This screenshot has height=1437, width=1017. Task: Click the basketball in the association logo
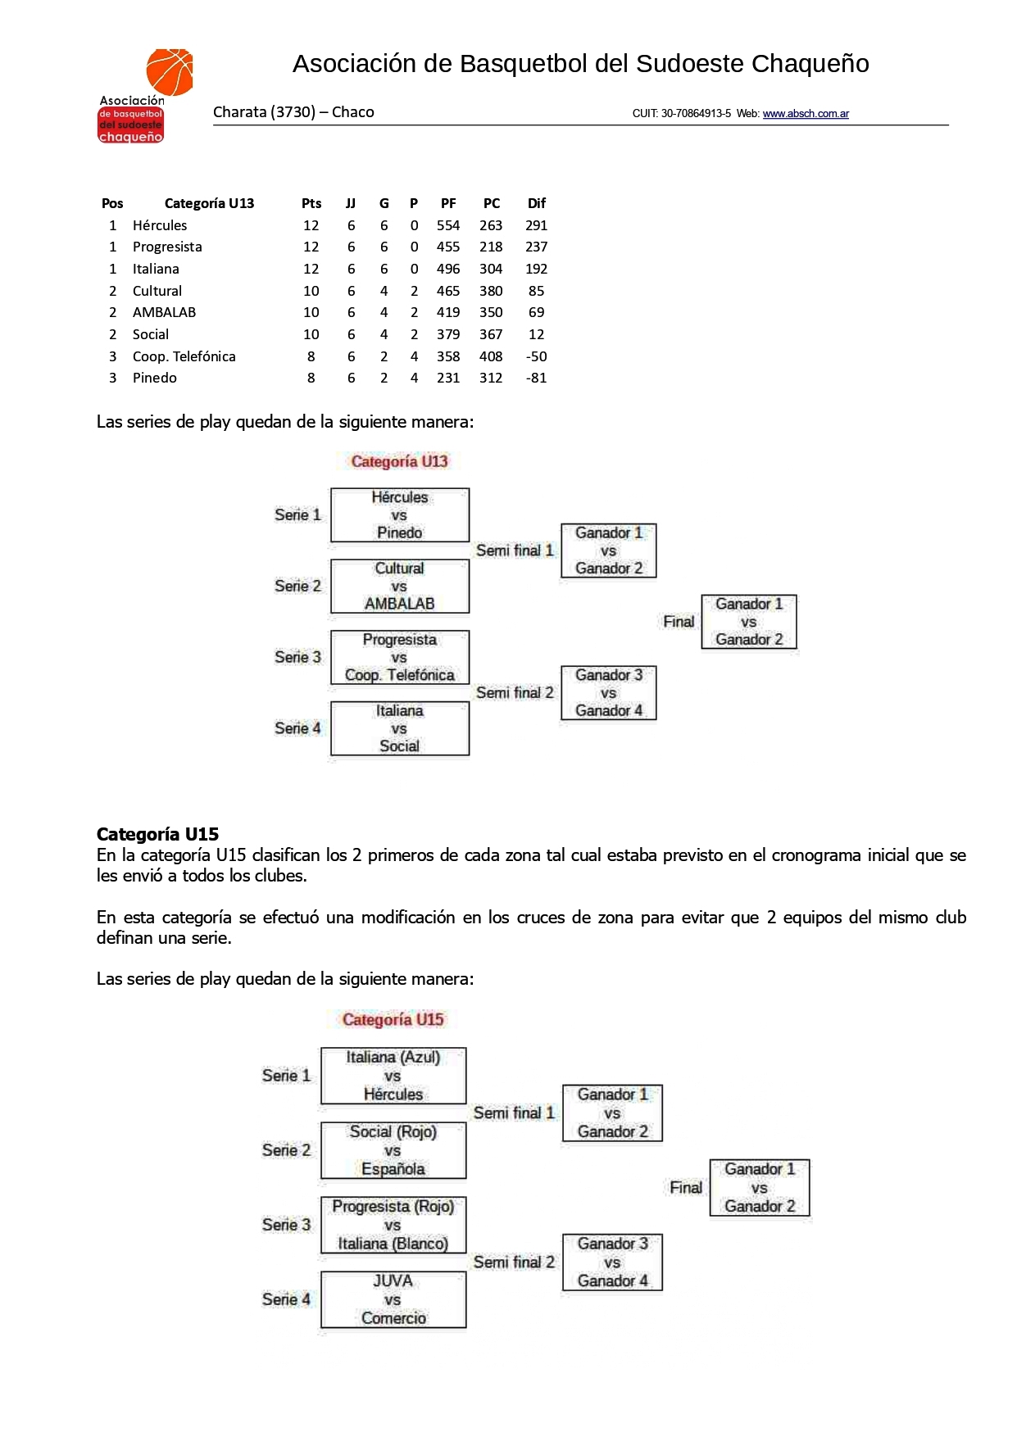pos(170,71)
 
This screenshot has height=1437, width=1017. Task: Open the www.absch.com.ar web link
pos(806,114)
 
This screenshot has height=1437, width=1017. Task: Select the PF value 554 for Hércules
pos(448,225)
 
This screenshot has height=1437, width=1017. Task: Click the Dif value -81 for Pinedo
pos(536,378)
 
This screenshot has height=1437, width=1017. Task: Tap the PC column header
pos(492,203)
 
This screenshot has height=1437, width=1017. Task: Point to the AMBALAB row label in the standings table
pos(164,312)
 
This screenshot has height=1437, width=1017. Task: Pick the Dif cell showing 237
pos(536,247)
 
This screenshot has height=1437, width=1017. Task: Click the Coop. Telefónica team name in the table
pos(184,356)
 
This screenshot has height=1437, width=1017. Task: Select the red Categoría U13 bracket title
pos(399,461)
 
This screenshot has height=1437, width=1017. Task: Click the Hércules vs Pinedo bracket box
pos(400,515)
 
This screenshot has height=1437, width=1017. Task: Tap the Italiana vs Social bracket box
pos(400,728)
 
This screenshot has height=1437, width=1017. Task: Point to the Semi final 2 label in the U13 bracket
pos(515,693)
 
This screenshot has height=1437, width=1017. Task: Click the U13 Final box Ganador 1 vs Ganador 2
pos(749,622)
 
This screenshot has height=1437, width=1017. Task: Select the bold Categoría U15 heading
pos(157,834)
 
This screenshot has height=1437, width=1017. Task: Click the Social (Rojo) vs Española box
pos(393,1150)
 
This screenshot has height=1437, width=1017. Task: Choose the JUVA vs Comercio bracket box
pos(393,1299)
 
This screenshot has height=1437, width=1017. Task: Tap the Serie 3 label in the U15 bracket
pos(286,1225)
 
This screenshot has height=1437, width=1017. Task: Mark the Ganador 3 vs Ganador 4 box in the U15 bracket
pos(612,1262)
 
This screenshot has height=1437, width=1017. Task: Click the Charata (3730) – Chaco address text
pos(293,112)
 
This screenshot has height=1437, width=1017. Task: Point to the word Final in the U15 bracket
pos(686,1188)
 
